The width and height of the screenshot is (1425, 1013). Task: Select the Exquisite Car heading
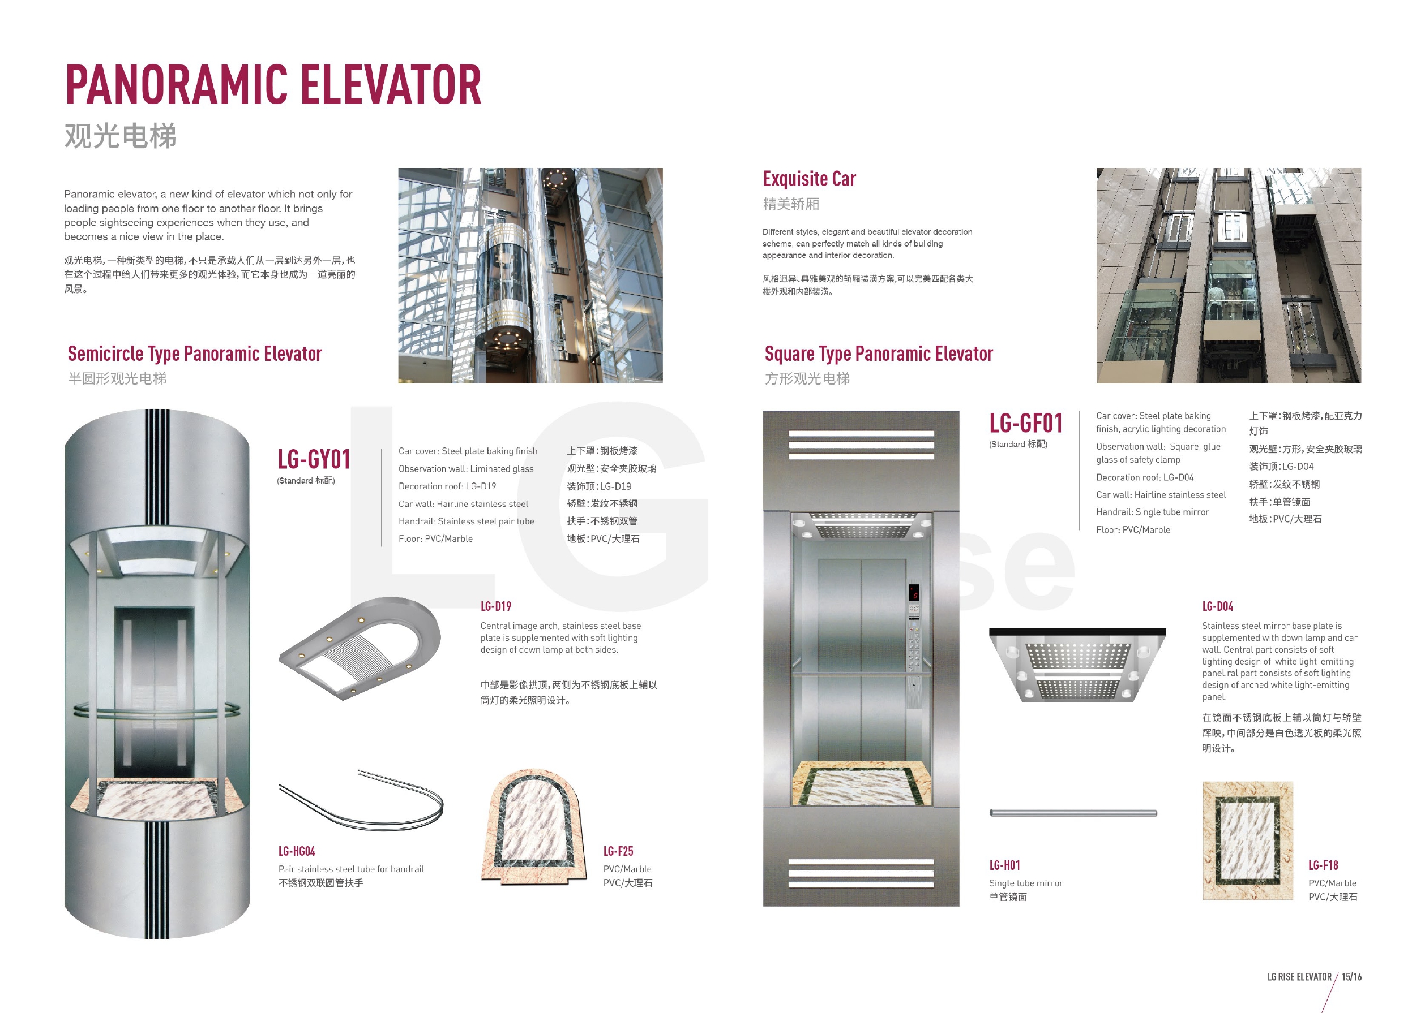pos(809,179)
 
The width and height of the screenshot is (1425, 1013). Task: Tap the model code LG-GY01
pos(313,460)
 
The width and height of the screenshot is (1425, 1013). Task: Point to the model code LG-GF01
pos(1025,424)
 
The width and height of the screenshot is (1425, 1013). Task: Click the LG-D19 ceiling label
pos(495,606)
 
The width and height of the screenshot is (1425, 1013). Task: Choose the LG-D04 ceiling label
pos(1217,606)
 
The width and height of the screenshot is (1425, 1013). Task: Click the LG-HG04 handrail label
pos(297,851)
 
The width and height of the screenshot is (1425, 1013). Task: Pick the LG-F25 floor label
pos(618,851)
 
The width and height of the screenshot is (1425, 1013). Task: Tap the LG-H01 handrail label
pos(1004,865)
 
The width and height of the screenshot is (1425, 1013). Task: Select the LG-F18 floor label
pos(1323,865)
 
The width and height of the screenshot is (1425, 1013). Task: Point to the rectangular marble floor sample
pos(1247,840)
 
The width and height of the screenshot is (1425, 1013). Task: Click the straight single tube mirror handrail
pos(1073,813)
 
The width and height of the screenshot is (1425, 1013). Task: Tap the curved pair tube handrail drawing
pos(362,801)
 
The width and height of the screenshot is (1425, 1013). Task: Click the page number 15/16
pos(1351,977)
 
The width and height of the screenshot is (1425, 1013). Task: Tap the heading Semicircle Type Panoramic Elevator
pos(195,354)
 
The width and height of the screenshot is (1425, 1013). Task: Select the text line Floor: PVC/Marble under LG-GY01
pos(436,539)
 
